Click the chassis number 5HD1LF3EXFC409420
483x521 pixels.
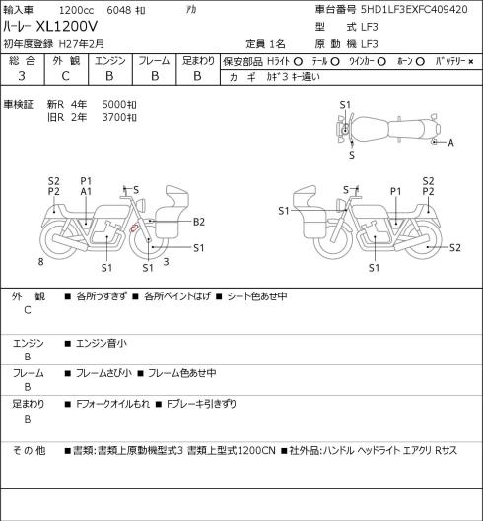pos(414,9)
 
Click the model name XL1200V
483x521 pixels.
pos(66,26)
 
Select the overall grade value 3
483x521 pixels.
pos(22,76)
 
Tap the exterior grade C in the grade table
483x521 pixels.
pos(65,76)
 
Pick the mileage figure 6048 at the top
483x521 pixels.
pos(118,10)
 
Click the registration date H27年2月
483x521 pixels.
pos(82,44)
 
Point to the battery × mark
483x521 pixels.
pos(471,62)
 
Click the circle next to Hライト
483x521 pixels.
pos(298,62)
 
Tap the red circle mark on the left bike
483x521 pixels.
pos(134,228)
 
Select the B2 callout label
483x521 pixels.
pos(199,222)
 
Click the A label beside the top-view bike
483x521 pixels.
pos(450,143)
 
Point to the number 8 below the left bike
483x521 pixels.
pos(41,262)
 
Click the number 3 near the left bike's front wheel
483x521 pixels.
pos(166,262)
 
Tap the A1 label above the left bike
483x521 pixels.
pos(86,191)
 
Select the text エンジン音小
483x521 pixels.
pos(102,343)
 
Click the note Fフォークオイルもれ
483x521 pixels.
pos(112,404)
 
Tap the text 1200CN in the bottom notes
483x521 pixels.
pos(257,450)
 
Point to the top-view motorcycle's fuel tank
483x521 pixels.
pos(370,129)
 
